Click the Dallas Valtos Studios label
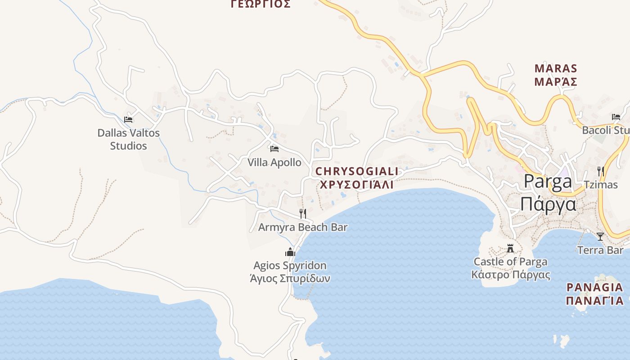point(129,139)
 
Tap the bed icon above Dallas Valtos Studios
point(128,120)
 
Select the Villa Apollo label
point(274,162)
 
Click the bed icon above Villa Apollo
point(274,148)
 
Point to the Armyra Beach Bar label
point(303,227)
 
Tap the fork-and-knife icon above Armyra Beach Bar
point(303,213)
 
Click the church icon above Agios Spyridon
point(290,252)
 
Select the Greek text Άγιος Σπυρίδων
point(290,279)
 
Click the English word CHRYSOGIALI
point(357,171)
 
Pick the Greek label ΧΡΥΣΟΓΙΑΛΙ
point(356,184)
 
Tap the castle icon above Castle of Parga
point(510,248)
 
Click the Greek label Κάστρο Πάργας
point(511,274)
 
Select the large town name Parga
point(548,181)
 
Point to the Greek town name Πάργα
point(548,204)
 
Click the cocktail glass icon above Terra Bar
point(600,237)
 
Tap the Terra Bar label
point(600,250)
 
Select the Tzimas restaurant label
point(600,184)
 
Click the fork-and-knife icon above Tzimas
point(600,171)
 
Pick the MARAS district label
point(556,69)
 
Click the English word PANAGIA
point(594,287)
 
